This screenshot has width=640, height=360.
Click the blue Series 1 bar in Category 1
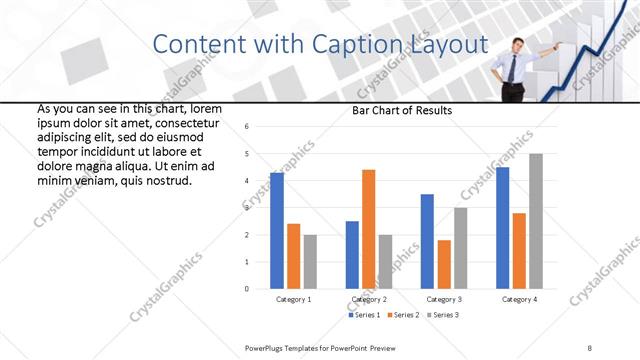click(277, 231)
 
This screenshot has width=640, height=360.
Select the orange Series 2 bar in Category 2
click(368, 229)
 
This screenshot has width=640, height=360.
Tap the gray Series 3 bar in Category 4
click(536, 221)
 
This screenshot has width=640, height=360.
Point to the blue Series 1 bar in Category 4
click(503, 228)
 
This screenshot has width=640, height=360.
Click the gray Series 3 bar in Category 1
click(310, 262)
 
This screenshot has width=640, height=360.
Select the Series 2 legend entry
click(404, 315)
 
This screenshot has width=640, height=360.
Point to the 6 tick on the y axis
click(247, 126)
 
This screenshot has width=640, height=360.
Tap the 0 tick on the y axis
click(247, 289)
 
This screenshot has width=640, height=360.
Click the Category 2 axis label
click(369, 299)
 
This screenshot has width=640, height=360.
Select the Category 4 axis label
click(519, 299)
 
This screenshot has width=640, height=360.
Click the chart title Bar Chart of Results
click(403, 110)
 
